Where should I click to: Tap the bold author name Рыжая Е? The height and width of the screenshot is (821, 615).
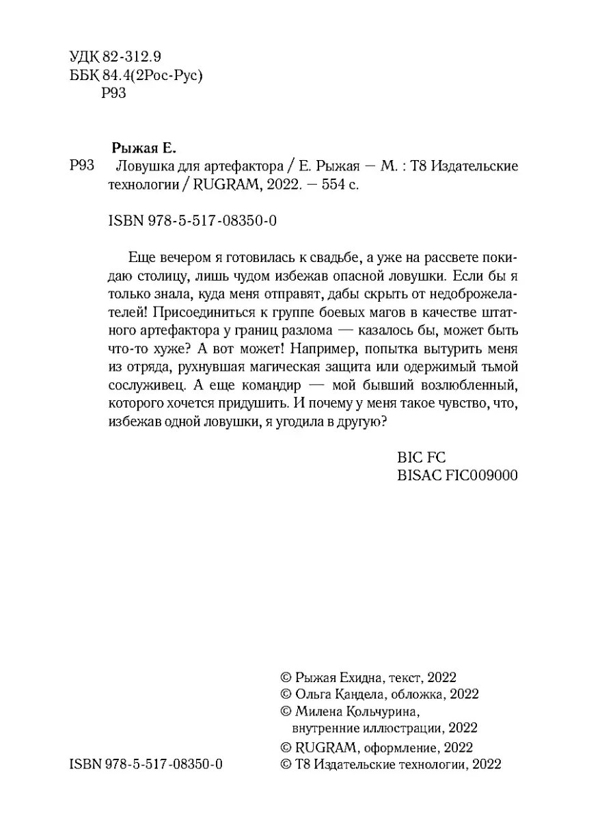[x=143, y=147]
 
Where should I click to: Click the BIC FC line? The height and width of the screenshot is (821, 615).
[x=420, y=458]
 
